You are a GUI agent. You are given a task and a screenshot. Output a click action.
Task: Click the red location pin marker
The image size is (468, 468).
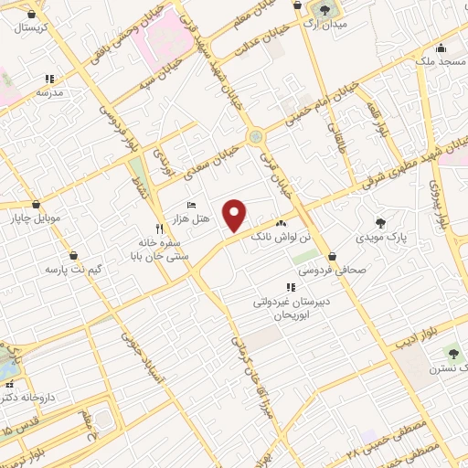236,215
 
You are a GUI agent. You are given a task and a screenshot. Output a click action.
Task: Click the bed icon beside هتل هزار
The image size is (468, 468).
190,205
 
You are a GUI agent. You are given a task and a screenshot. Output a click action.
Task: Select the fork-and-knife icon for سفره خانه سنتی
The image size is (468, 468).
159,229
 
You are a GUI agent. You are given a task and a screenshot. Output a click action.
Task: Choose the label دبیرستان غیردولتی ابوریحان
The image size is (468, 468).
292,305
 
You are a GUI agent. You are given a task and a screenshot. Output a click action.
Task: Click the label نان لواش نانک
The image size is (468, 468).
305,238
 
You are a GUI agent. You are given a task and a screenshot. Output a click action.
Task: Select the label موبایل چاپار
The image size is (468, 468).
35,219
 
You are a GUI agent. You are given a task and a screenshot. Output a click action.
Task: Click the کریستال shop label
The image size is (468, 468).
32,28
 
